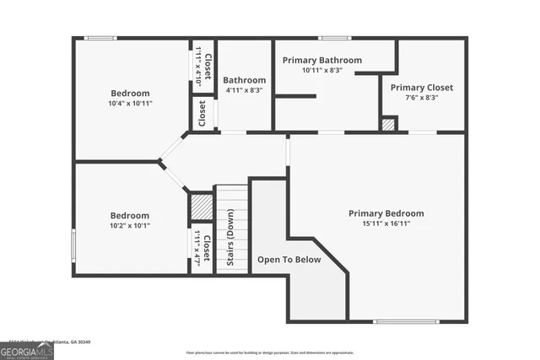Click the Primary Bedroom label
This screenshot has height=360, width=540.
pos(386,213)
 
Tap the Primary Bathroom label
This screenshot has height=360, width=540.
pos(321,60)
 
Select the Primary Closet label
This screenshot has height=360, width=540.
pos(421,87)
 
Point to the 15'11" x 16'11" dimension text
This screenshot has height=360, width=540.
pos(386,224)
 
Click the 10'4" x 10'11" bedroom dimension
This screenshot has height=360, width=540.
pos(130,103)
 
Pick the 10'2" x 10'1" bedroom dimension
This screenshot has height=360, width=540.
pos(129,225)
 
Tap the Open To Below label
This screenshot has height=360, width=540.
pos(289,260)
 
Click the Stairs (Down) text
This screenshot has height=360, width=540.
pos(230,238)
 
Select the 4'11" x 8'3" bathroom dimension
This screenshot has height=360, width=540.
pos(243,89)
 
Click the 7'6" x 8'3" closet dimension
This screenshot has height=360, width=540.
pos(421,97)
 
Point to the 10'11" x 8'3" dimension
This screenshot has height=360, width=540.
pos(321,70)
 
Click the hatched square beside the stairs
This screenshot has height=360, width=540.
pos(201,207)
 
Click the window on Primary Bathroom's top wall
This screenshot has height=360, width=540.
pos(335,38)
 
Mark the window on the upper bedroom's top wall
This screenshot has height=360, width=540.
pos(101,38)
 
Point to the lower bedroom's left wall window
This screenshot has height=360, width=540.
pos(73,245)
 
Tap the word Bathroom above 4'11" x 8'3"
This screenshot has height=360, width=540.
pos(243,80)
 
